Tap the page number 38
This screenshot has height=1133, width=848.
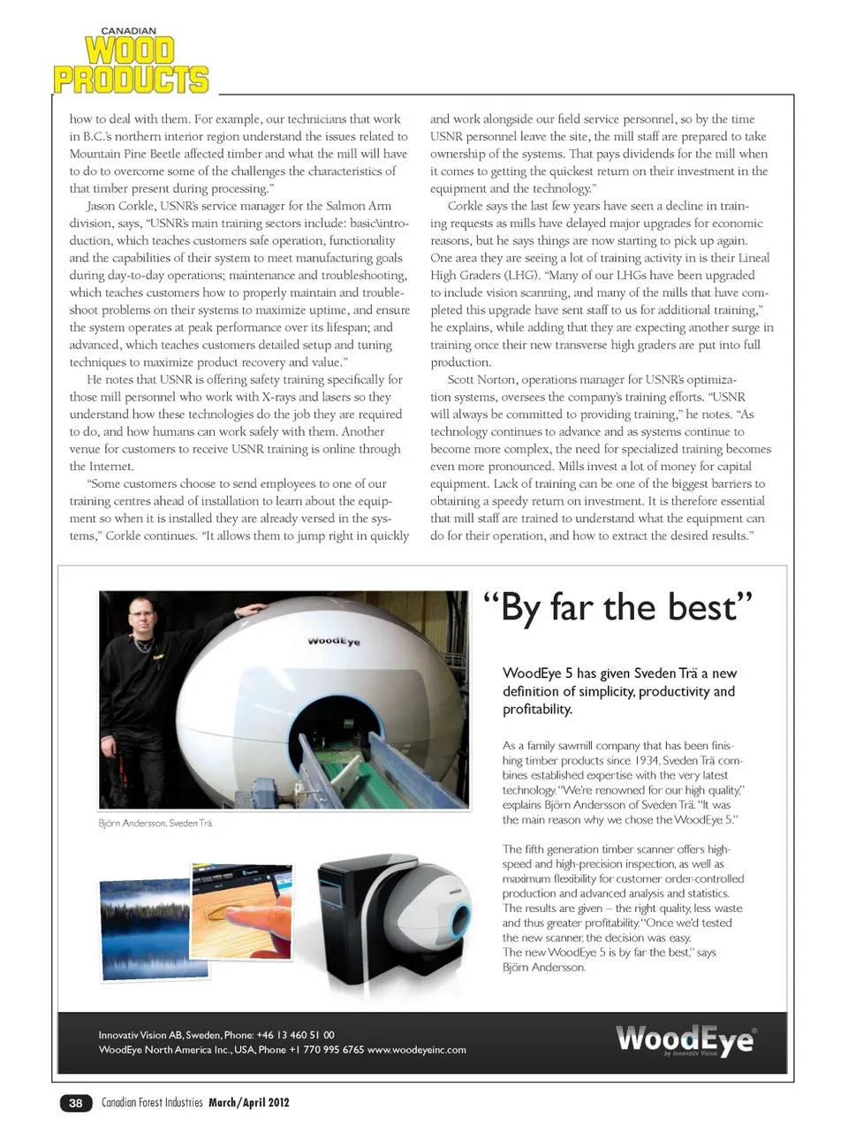point(76,1102)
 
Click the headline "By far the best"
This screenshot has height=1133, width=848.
point(618,608)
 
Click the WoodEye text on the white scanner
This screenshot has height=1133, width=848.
point(334,641)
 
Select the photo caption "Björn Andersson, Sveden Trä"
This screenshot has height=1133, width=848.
point(155,823)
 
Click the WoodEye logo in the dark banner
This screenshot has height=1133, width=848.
point(685,1039)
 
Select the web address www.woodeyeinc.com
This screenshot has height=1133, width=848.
point(417,1050)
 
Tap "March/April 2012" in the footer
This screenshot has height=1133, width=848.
point(249,1102)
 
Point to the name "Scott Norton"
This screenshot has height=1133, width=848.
point(481,379)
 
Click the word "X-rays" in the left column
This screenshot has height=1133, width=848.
point(284,397)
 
